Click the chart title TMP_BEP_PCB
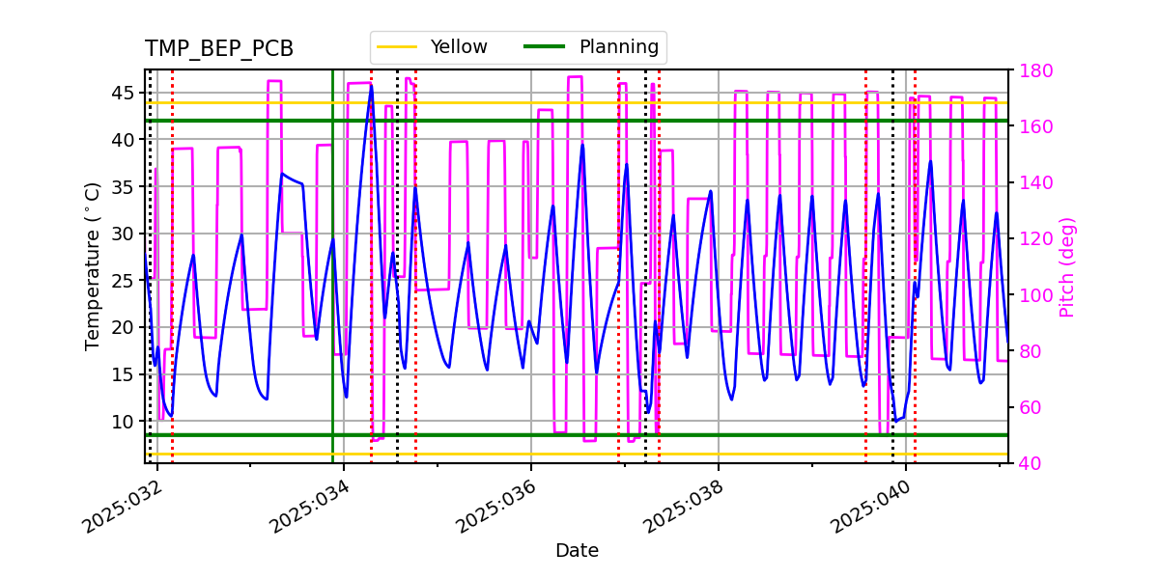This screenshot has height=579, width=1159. pyautogui.click(x=219, y=49)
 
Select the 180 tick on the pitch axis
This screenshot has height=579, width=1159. pyautogui.click(x=1035, y=70)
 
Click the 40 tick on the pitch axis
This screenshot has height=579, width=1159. pyautogui.click(x=1031, y=463)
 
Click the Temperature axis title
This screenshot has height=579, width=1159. pyautogui.click(x=93, y=265)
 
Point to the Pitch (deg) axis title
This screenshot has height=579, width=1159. pyautogui.click(x=1067, y=266)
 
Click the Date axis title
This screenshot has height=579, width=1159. pyautogui.click(x=577, y=551)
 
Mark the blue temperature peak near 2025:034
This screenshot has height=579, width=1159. pyautogui.click(x=371, y=86)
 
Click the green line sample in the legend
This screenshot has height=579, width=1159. pyautogui.click(x=543, y=47)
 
